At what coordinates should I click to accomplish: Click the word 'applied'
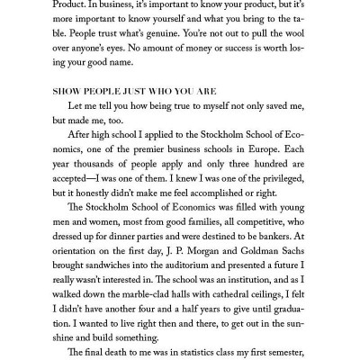(158, 148)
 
